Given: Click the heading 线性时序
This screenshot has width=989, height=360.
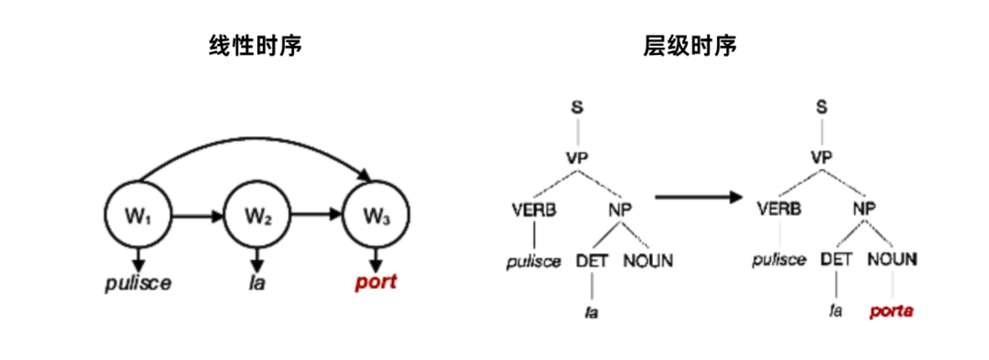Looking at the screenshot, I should [256, 47].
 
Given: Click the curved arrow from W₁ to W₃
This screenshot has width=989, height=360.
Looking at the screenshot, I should [254, 142].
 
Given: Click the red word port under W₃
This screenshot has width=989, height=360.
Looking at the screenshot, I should [376, 283].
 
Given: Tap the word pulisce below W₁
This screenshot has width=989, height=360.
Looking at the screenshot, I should [138, 283].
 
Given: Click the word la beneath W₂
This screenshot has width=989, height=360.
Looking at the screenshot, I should [257, 283].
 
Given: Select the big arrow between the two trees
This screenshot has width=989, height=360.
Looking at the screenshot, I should [698, 198].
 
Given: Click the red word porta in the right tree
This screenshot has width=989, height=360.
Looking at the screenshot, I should [891, 311].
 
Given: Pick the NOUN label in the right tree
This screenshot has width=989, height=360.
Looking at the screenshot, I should [891, 260].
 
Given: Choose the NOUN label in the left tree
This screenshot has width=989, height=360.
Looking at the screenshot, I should [648, 260].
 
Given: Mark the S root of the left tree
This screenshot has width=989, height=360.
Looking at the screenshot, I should [578, 108].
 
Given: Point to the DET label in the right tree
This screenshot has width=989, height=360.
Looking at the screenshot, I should [836, 260].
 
